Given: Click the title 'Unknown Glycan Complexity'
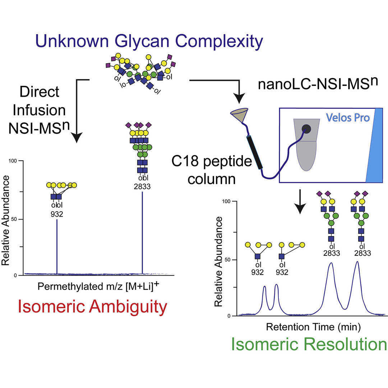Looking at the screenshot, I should pos(149,42).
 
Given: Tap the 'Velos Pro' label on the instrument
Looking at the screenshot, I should pos(348,117).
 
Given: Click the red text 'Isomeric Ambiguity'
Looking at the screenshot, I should pos(93,307).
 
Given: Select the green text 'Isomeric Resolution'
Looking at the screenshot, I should pos(309,344).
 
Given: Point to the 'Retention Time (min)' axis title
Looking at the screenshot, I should pos(313,327).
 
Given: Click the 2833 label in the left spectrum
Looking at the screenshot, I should pos(142,186).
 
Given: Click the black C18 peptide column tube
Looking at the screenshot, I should pos(255,153).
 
